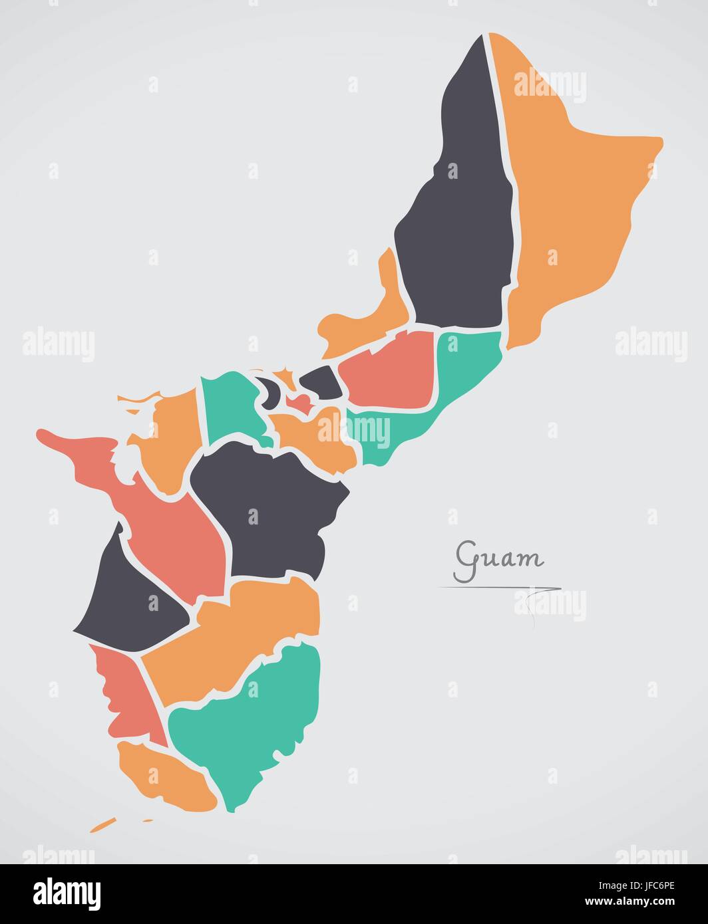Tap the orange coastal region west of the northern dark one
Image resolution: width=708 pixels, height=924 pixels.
[373, 312]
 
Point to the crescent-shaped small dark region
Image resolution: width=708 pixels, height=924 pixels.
[269, 392]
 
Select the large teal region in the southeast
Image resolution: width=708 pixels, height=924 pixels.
[260, 718]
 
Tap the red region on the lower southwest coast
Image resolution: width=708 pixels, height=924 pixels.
[123, 698]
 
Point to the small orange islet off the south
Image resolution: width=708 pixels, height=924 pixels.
[103, 826]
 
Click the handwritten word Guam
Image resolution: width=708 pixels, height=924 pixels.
[499, 558]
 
